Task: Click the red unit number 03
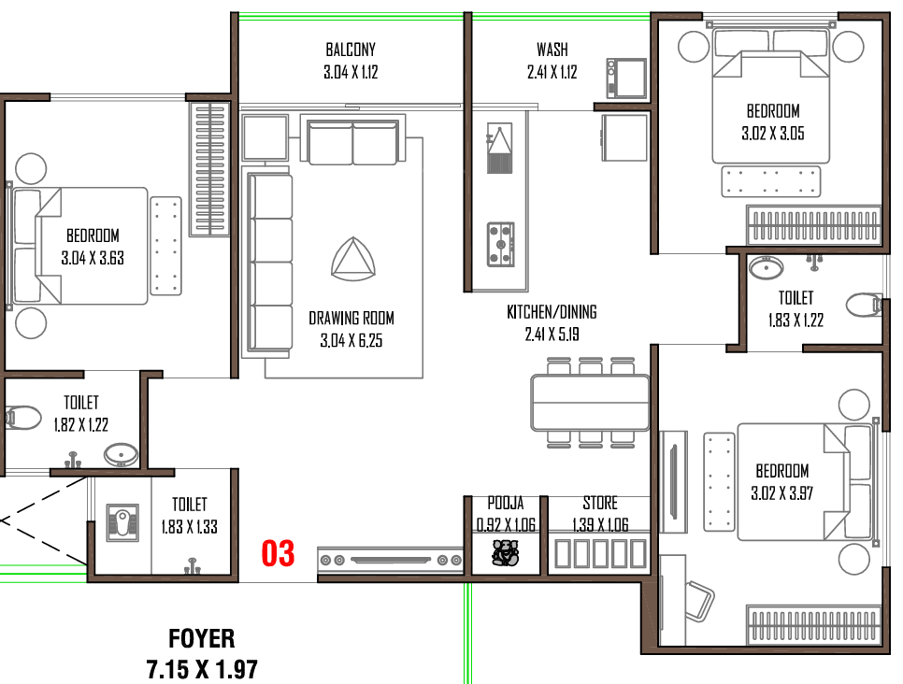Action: click(278, 553)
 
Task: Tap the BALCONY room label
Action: click(351, 50)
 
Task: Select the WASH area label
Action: click(552, 50)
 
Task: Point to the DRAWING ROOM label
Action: click(351, 319)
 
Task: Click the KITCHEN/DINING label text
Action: click(552, 312)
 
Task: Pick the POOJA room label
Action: click(506, 504)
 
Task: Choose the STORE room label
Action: click(600, 504)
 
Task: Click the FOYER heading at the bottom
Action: click(202, 638)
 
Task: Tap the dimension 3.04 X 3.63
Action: click(93, 258)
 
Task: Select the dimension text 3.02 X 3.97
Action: click(781, 493)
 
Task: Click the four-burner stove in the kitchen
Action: click(501, 245)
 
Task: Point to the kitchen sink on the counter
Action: click(499, 149)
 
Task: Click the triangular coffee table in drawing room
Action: click(353, 259)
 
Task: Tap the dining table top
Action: click(590, 403)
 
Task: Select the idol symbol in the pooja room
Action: click(505, 553)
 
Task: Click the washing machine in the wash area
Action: click(626, 78)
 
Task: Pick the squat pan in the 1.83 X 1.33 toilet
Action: click(122, 522)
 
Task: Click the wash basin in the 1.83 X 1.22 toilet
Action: click(766, 268)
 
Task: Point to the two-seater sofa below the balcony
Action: click(352, 142)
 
